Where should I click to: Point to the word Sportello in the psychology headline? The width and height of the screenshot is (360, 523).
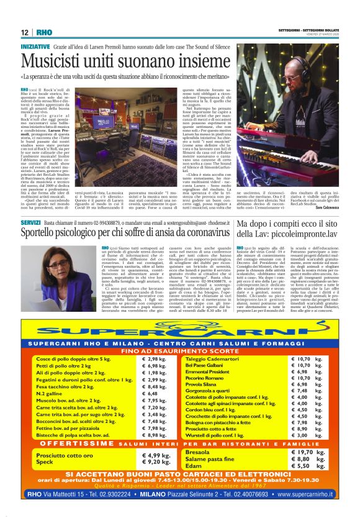coord(52,234)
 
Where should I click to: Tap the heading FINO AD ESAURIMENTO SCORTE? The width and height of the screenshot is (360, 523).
coord(180,351)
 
